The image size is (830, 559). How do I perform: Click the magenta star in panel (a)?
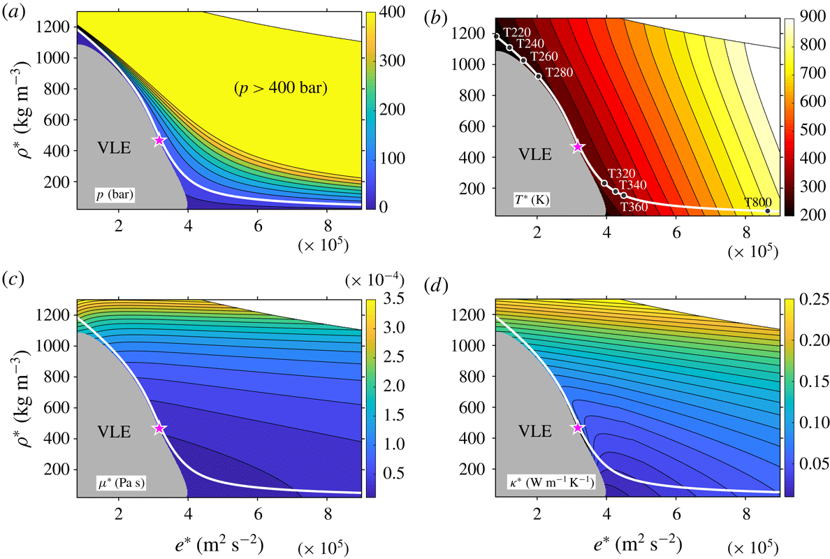(159, 140)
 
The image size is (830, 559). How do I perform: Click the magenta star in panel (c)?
(159, 428)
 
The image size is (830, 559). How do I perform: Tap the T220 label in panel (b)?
(516, 33)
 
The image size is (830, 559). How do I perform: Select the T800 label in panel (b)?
(757, 202)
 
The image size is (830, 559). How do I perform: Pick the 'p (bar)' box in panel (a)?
(115, 196)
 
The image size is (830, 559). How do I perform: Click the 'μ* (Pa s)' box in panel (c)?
(121, 484)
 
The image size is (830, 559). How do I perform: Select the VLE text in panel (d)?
(534, 432)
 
